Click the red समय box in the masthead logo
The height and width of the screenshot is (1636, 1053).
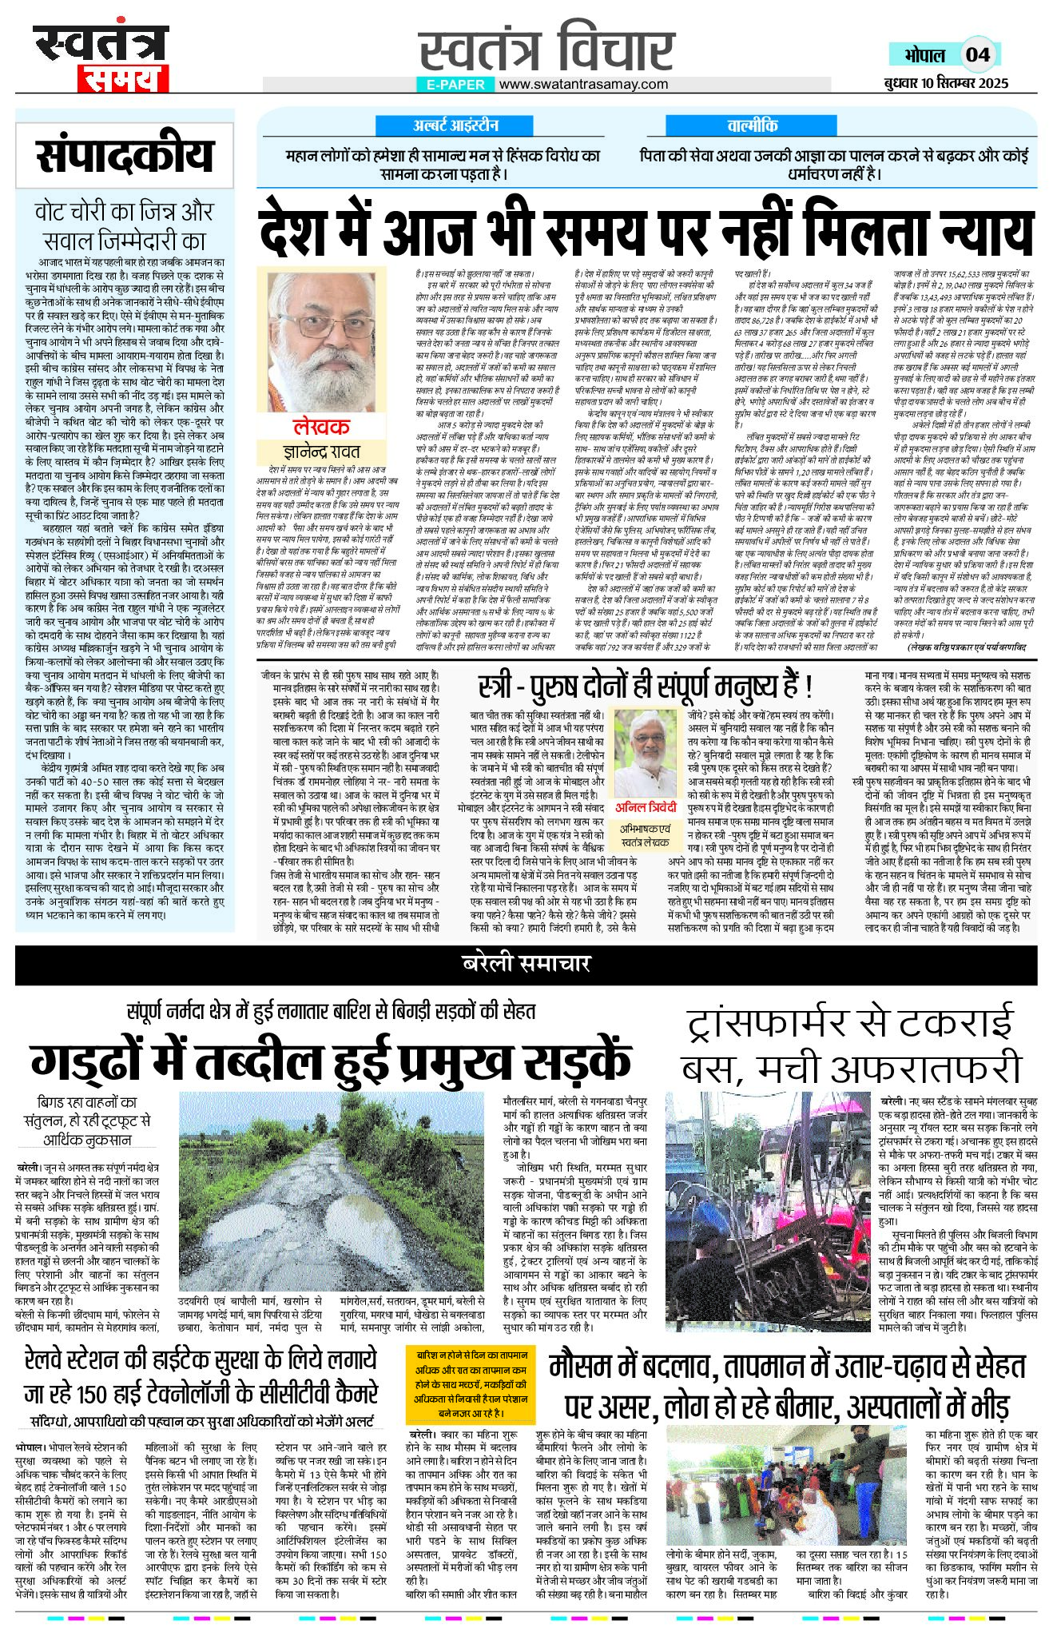(x=122, y=78)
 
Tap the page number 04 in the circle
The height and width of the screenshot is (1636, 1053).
(x=977, y=54)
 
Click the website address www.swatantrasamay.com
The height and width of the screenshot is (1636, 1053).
(x=583, y=84)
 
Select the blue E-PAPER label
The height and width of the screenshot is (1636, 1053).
(x=455, y=84)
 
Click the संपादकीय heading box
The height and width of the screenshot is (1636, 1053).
(x=125, y=154)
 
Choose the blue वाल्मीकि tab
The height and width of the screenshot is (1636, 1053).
(x=752, y=125)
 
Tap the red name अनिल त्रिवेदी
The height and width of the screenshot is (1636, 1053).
(x=646, y=807)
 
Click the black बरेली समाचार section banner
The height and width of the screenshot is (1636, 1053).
(x=526, y=964)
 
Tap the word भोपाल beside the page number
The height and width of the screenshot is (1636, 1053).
(x=924, y=54)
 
